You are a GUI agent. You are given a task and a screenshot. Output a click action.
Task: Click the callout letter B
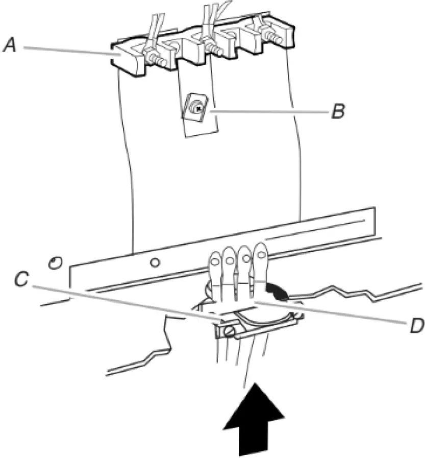click(x=337, y=111)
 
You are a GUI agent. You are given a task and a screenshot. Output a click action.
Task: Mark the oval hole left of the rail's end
click(x=53, y=263)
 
